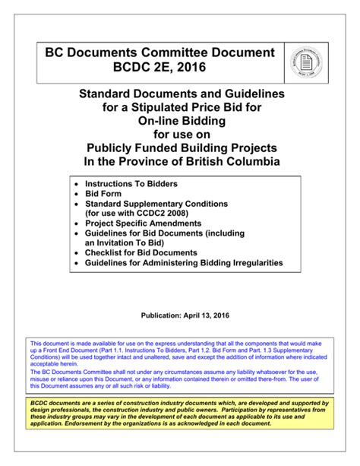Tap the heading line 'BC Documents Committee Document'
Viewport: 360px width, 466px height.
click(x=159, y=52)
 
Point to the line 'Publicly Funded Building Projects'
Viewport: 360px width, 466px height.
click(x=181, y=148)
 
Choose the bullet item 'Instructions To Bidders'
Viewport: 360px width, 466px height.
click(x=131, y=185)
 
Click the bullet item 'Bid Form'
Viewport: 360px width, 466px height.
click(x=103, y=195)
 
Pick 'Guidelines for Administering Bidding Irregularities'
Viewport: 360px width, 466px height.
click(x=184, y=262)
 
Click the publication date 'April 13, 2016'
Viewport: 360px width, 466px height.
click(x=206, y=315)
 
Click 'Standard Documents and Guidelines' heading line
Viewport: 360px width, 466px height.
click(x=181, y=94)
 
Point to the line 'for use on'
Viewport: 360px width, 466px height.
click(x=181, y=135)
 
